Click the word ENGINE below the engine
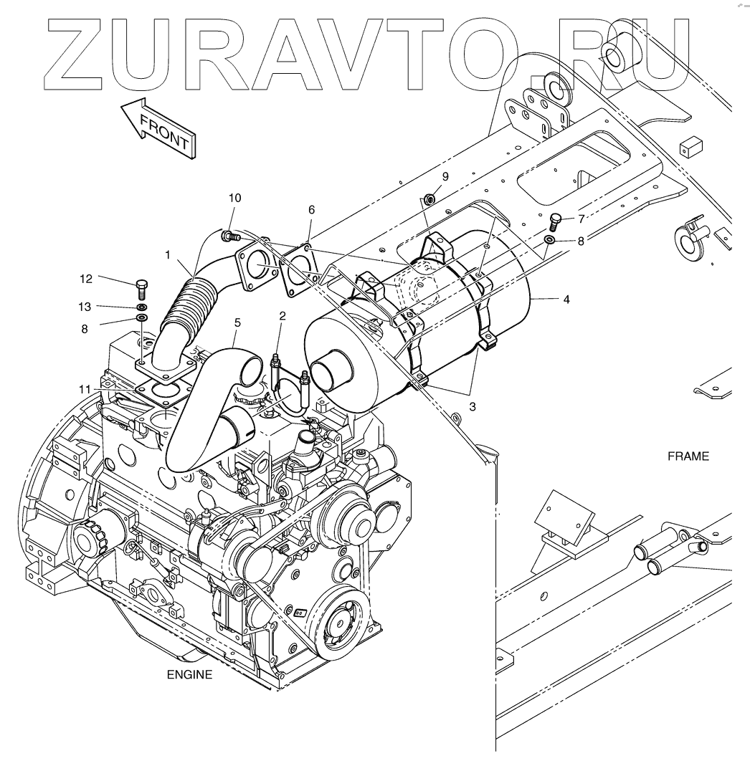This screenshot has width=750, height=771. [x=189, y=674]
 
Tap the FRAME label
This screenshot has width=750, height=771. [x=688, y=456]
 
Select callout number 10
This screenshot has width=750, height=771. [x=235, y=197]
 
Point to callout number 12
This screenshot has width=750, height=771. [x=85, y=279]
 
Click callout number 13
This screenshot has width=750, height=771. [x=85, y=307]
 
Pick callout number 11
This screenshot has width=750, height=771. [x=85, y=388]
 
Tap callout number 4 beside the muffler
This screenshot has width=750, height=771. [x=566, y=300]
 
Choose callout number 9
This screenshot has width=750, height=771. [x=445, y=176]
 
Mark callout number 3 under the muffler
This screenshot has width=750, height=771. [x=473, y=406]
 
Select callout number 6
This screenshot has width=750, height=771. [x=311, y=209]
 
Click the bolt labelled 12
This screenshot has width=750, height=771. [x=141, y=290]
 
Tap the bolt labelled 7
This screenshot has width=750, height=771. [x=554, y=219]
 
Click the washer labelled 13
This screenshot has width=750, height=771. [x=141, y=307]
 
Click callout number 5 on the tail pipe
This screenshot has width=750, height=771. [x=237, y=323]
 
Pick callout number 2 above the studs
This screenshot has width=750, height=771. [x=283, y=316]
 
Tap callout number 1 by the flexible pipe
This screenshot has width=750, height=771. [x=167, y=254]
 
